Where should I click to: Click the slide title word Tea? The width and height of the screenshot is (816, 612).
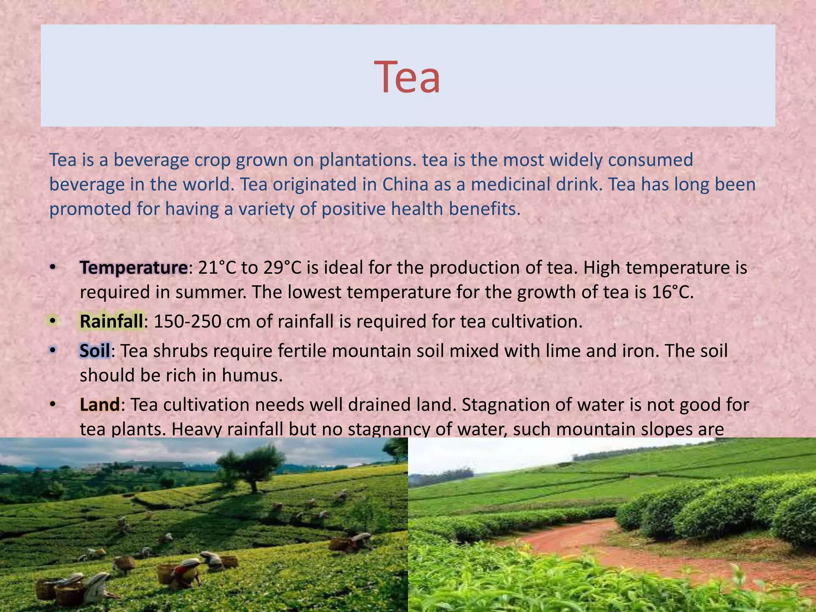(x=407, y=76)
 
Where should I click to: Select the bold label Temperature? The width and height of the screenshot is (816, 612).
(x=133, y=267)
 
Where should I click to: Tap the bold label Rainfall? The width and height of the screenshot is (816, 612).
(x=111, y=321)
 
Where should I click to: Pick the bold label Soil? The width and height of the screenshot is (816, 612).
(x=95, y=351)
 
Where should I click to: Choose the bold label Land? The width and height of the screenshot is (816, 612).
(x=100, y=404)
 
